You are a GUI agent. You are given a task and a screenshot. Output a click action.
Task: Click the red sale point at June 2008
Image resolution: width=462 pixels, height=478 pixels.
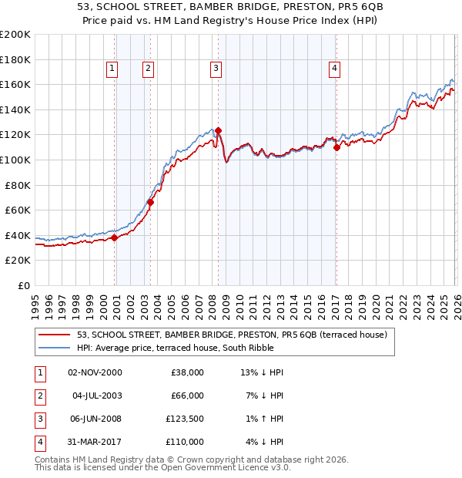[219, 130]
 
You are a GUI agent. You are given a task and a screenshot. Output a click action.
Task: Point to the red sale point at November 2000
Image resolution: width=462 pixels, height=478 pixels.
[115, 237]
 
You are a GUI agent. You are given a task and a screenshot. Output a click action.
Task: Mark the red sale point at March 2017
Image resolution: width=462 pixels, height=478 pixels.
[337, 147]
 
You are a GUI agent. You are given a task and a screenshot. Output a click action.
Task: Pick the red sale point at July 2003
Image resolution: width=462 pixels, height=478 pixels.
[151, 203]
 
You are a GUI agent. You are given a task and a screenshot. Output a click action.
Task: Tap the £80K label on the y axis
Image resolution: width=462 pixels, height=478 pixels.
[18, 185]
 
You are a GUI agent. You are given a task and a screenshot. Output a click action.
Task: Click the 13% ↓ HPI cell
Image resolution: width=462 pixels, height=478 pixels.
[262, 372]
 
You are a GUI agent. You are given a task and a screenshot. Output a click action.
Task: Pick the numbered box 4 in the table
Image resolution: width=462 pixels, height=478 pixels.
[39, 442]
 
